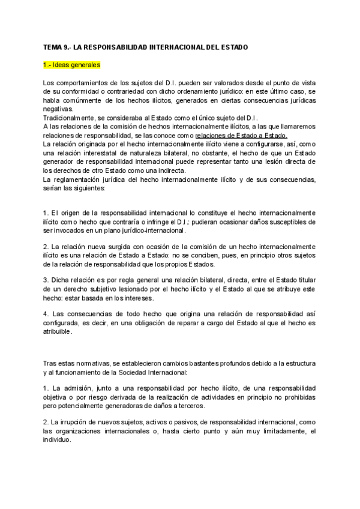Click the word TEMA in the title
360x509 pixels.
click(x=53, y=47)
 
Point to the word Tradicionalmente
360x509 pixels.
click(x=68, y=118)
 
